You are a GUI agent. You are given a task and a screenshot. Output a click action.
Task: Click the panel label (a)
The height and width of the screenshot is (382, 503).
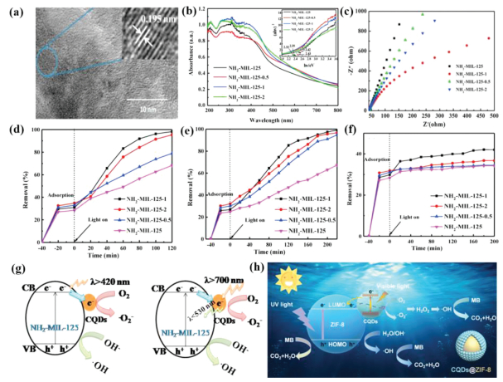(12, 12)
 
